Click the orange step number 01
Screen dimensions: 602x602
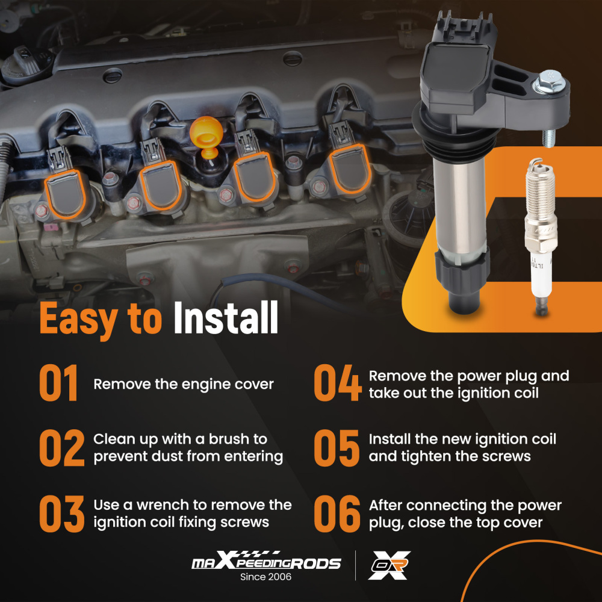58,383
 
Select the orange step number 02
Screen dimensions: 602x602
62,448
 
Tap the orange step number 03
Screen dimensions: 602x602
62,514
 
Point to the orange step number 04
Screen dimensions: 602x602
338,383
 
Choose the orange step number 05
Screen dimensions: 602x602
337,448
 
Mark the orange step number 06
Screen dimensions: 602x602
337,514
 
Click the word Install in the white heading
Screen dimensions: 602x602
226,317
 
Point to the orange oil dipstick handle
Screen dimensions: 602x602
206,136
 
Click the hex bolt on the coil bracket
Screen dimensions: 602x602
548,81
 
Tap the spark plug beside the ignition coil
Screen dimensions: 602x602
541,236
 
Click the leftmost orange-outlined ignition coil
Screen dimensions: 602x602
65,194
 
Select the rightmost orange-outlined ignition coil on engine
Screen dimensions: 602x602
350,169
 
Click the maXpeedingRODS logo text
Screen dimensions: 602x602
266,561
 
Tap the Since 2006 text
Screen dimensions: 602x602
265,577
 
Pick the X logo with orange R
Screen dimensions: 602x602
389,565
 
